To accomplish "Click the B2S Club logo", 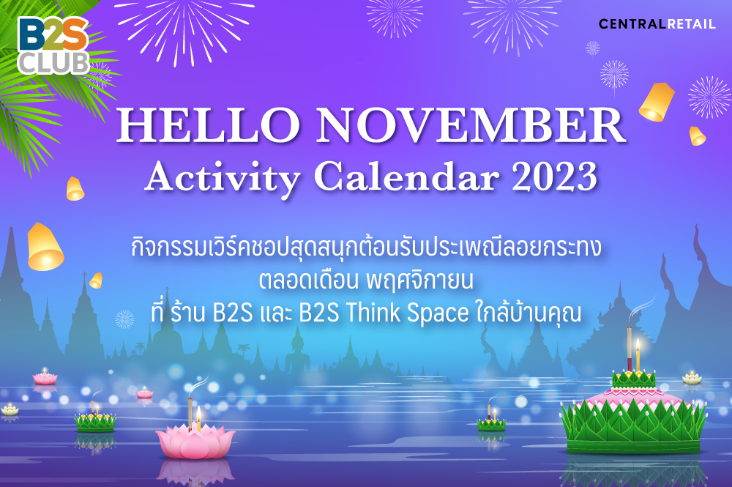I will pyautogui.click(x=53, y=45).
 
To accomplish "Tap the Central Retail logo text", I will pyautogui.click(x=657, y=24).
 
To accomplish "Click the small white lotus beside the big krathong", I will pyautogui.click(x=692, y=378).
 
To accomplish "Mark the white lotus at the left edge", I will pyautogui.click(x=9, y=410).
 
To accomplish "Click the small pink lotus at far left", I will pyautogui.click(x=45, y=378).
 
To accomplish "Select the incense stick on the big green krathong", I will pyautogui.click(x=630, y=349).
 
